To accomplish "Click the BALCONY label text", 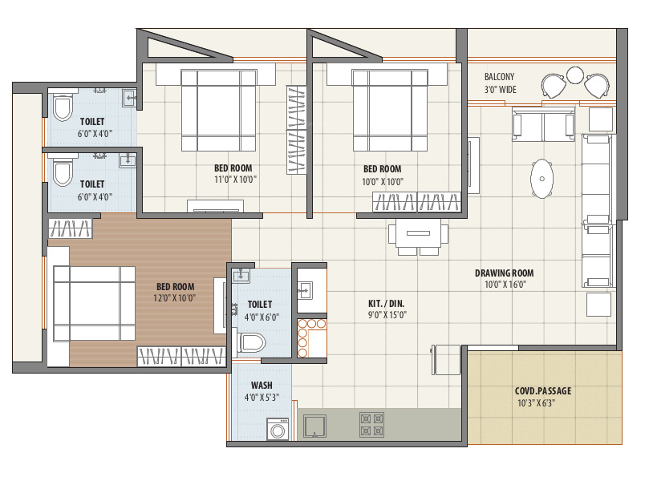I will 500,77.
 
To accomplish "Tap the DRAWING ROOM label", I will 503,273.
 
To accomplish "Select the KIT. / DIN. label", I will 387,303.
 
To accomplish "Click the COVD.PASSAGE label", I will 543,391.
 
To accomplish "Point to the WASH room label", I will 262,385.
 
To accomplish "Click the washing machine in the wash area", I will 278,429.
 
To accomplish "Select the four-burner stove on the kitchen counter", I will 371,424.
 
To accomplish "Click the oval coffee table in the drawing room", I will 543,178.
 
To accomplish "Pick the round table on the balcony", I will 574,75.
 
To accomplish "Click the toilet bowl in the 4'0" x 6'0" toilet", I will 251,341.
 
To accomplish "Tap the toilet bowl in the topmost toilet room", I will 62,107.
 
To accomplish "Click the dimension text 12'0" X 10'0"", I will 176,298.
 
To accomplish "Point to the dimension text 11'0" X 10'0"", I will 233,181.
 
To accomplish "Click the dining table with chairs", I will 418,236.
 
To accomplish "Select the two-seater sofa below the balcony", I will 543,125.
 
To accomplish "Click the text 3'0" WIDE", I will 500,90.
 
